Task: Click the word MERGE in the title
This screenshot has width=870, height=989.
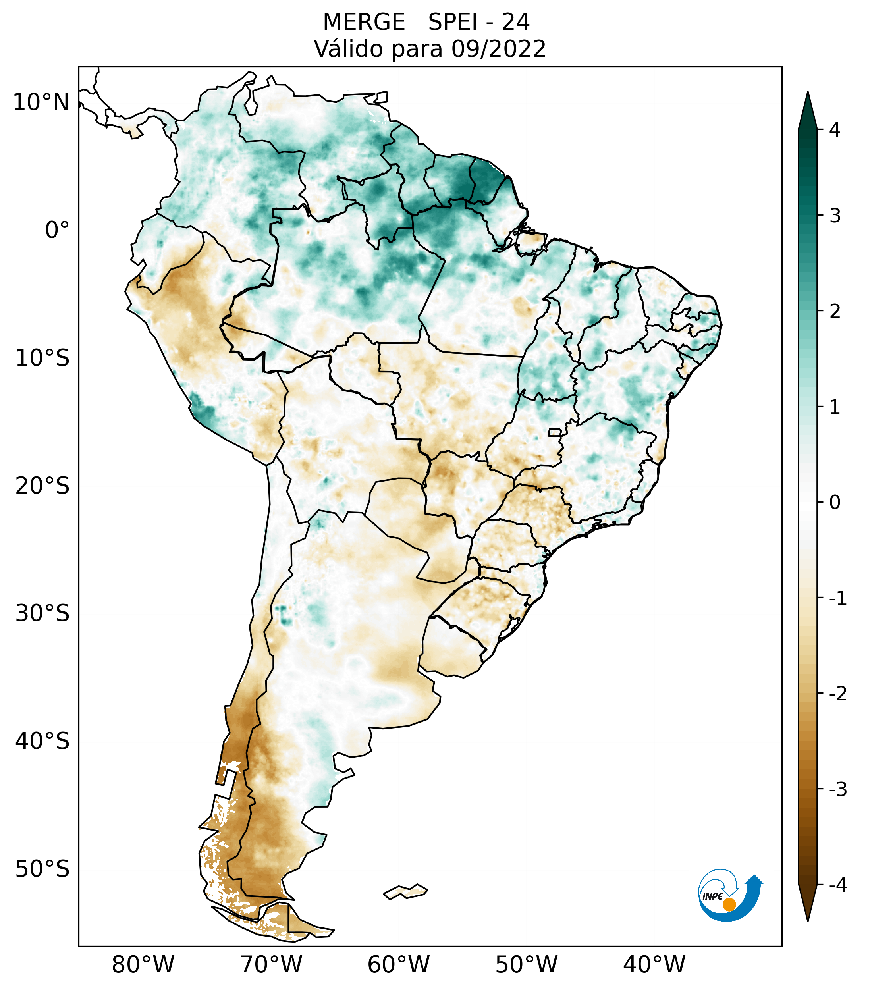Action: [x=364, y=22]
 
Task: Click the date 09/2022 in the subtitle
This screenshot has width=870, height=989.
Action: [x=498, y=49]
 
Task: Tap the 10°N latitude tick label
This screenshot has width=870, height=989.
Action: [x=41, y=102]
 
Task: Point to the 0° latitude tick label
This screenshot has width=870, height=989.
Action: [x=57, y=230]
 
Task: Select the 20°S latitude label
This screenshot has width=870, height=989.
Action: [x=42, y=486]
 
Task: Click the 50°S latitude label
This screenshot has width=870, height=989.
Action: [x=42, y=869]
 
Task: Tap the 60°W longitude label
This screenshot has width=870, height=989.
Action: [x=398, y=964]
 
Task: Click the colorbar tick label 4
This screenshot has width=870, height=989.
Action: [x=835, y=130]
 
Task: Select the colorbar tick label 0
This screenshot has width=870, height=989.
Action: [x=835, y=503]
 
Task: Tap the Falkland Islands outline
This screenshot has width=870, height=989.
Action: [x=405, y=891]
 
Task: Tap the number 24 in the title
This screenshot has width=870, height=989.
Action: [x=515, y=22]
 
